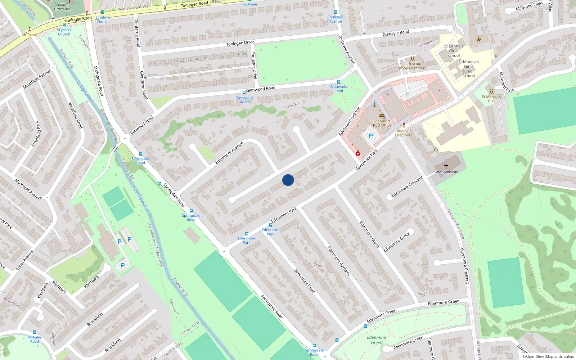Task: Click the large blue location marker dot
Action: point(288,180)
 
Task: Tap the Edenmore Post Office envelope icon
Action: point(382,116)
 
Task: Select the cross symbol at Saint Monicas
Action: point(446,166)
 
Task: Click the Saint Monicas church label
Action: point(446,172)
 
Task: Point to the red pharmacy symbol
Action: point(358,153)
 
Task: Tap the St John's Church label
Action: point(102,19)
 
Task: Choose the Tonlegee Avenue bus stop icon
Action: point(335,12)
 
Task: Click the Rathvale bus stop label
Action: point(249,4)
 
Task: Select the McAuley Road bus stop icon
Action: point(35,332)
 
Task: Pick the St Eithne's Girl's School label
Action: point(454,51)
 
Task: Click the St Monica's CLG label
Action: point(491,99)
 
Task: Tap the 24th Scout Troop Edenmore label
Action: point(412,66)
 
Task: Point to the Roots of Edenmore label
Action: point(404,133)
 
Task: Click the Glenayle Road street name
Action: point(396,33)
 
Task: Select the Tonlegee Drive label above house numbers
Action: point(240,43)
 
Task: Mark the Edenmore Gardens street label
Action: point(338,261)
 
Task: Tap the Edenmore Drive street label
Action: point(305,281)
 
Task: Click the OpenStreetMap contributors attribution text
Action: point(548,357)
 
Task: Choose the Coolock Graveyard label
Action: point(62,7)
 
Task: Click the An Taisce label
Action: point(29,35)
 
